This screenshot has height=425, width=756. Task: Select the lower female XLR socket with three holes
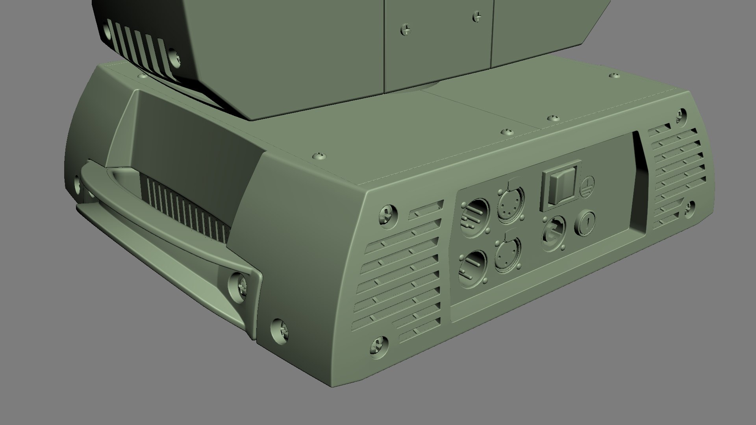point(508,255)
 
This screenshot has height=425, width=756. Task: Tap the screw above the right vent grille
point(680,116)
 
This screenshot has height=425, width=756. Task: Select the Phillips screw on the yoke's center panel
point(406,30)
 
